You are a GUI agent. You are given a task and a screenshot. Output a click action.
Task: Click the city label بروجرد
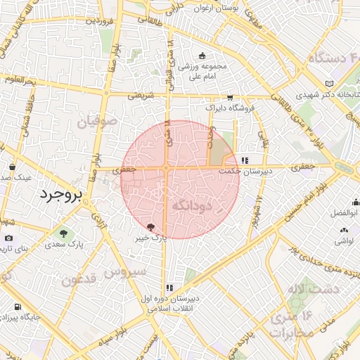pyautogui.click(x=61, y=193)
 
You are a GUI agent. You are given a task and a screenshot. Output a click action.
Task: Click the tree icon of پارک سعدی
pyautogui.click(x=64, y=233)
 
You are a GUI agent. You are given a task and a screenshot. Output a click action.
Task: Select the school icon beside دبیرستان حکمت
pyautogui.click(x=244, y=160)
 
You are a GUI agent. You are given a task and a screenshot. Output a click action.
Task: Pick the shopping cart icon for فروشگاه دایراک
pyautogui.click(x=230, y=98)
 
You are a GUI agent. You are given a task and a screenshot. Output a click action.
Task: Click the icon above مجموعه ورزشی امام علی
pyautogui.click(x=202, y=56)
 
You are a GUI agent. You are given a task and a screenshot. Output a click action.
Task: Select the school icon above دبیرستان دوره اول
pyautogui.click(x=169, y=287)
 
